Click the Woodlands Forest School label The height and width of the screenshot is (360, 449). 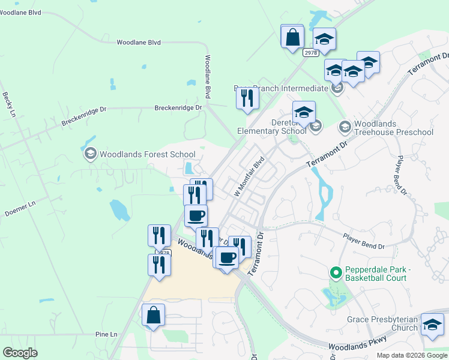(x=148, y=154)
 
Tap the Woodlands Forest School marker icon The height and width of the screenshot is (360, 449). (x=90, y=154)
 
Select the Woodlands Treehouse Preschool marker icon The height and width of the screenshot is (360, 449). (x=345, y=127)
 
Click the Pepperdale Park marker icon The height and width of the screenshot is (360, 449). (x=335, y=273)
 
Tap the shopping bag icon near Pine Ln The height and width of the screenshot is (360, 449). (x=153, y=314)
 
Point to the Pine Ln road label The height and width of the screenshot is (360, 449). (x=106, y=334)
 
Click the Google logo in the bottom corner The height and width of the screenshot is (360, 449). (x=20, y=353)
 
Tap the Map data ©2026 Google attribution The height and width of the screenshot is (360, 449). (x=412, y=355)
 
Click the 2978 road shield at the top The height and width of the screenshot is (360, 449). (x=310, y=52)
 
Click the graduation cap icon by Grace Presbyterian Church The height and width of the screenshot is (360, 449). (x=432, y=325)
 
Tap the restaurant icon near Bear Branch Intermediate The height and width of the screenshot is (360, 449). (x=247, y=97)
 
